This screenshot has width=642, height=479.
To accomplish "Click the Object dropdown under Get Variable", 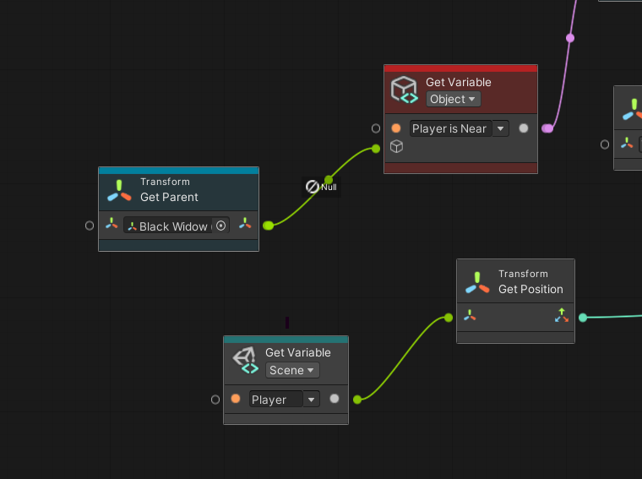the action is tap(454, 99).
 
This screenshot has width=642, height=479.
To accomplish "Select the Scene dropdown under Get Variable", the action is tap(292, 370).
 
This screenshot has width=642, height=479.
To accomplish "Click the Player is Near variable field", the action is tap(450, 128).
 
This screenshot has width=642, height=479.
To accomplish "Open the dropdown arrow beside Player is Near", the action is tap(501, 128).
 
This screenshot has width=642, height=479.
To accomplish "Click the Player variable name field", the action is tap(276, 399).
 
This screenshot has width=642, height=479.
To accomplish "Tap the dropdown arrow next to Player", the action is tap(312, 399).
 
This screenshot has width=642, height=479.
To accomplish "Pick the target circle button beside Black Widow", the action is tap(220, 226).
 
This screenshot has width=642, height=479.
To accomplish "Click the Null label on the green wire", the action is tap(329, 187).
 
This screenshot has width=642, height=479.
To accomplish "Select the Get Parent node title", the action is tap(169, 197).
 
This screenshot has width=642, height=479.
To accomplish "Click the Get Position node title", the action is tap(530, 289).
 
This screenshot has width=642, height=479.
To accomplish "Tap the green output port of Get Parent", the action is tap(268, 226).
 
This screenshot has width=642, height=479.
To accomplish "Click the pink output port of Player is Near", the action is tap(547, 128).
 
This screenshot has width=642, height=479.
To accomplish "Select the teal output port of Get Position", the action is tap(583, 318).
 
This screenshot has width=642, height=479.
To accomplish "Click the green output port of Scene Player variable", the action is tap(357, 399).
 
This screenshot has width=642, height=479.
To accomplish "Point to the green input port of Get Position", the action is tap(449, 318).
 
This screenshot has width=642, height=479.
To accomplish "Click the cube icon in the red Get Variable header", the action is tap(404, 90).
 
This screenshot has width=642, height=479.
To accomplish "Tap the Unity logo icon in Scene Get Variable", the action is tap(246, 360).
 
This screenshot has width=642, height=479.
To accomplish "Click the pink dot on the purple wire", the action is tap(570, 38).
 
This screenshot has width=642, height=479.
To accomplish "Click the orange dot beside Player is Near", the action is tap(396, 128).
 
